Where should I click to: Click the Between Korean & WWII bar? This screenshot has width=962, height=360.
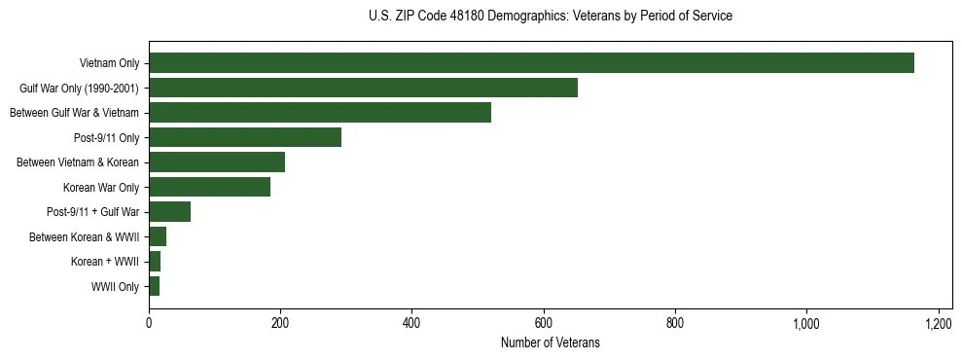click(x=158, y=236)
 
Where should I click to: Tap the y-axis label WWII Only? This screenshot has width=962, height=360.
click(x=115, y=287)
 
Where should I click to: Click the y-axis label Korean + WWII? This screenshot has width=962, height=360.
click(x=105, y=262)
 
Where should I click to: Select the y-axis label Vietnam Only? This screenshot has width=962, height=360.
click(x=109, y=63)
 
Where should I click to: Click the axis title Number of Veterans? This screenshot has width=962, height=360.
click(x=550, y=343)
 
